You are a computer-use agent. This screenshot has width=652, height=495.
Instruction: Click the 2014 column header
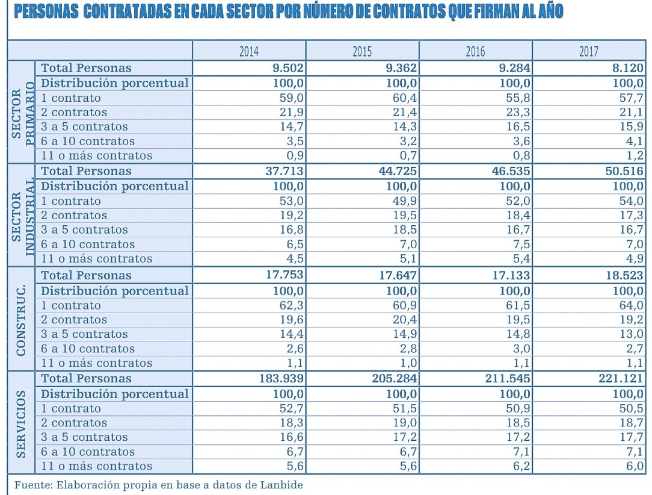[249, 51]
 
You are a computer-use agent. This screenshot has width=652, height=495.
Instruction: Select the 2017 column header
[588, 51]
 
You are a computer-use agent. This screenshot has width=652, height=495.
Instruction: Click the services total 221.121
[621, 379]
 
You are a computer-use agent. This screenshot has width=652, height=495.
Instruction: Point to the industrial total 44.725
[397, 171]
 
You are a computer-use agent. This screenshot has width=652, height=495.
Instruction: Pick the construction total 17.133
[510, 275]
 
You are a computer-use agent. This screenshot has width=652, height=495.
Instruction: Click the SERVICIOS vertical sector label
[21, 423]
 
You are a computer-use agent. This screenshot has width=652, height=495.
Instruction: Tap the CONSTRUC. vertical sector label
[21, 319]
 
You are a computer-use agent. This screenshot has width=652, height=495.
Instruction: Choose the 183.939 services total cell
[280, 379]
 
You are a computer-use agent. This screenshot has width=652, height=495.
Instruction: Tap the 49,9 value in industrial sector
[404, 201]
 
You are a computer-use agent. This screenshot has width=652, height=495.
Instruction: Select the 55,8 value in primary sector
[517, 98]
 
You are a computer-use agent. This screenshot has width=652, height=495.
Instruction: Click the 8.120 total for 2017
[628, 68]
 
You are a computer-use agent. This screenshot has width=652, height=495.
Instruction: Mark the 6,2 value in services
[521, 466]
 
